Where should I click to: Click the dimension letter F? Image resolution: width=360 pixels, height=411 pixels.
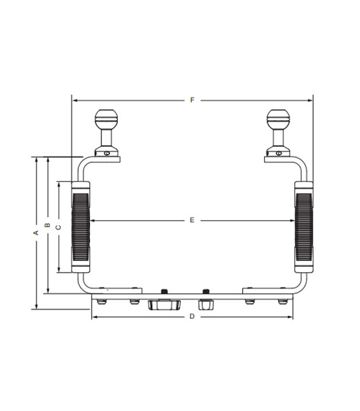pos(191,100)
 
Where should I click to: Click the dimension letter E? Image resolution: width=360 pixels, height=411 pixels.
pos(191,220)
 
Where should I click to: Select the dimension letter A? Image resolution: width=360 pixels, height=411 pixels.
pos(36,233)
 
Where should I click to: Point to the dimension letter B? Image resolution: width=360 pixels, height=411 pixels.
pos(46,226)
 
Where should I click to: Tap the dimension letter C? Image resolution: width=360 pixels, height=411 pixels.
pos(58,227)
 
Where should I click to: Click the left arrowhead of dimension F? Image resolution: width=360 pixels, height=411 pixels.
pos(75,100)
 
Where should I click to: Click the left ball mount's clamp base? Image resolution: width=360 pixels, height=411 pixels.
pos(106,153)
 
